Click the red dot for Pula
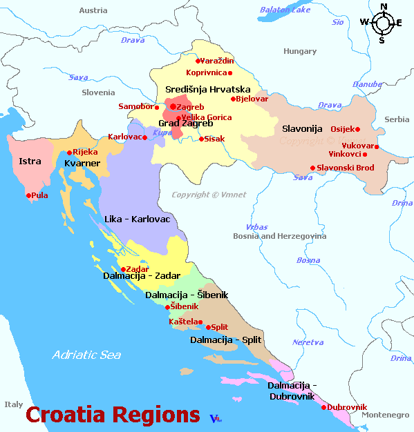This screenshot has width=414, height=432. point(29,195)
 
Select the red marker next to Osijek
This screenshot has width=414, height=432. point(357,129)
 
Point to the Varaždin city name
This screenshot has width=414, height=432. point(217,61)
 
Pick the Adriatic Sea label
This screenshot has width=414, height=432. point(86,355)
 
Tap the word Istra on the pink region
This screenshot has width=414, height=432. point(30,161)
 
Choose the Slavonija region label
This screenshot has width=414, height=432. point(303,129)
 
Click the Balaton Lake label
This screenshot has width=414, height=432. point(285,10)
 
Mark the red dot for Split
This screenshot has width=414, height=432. point(208,327)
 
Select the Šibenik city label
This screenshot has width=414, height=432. point(184,306)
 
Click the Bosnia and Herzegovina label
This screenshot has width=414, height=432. point(280,236)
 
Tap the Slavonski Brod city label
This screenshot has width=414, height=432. point(345,168)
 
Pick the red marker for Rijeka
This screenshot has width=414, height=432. point(70,153)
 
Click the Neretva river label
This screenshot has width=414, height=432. point(308,342)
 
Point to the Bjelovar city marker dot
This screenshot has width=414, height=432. point(234,99)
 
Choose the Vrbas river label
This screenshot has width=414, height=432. point(256,227)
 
